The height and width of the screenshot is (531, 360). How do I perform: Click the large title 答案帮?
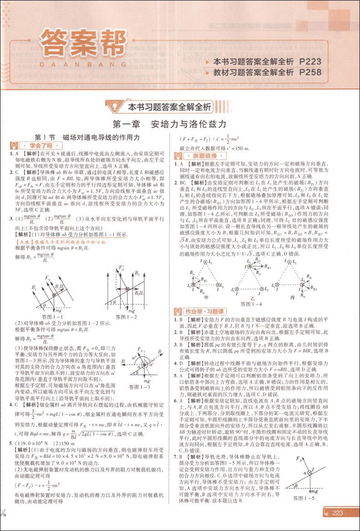coord(82,44)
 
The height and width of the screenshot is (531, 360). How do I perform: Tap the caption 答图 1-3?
coord(142,387)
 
